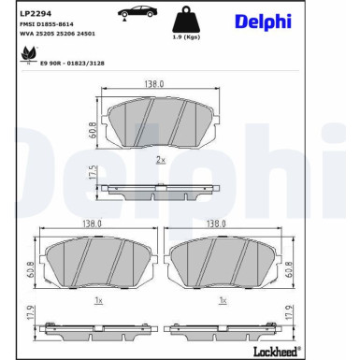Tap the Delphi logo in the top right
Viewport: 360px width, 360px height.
[x=312, y=22]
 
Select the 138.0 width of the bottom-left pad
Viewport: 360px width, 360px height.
[x=92, y=224]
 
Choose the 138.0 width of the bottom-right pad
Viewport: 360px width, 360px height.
[x=217, y=224]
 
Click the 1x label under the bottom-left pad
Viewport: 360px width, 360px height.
[x=97, y=301]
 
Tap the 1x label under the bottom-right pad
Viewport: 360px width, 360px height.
[x=223, y=301]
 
